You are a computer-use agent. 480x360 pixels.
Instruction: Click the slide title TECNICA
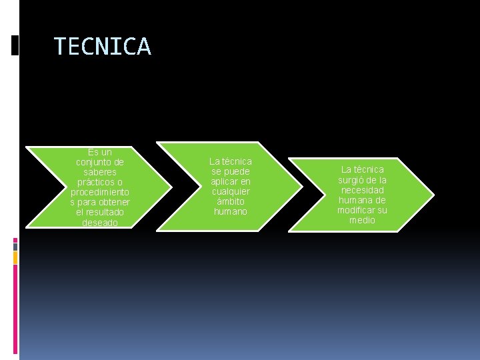103,47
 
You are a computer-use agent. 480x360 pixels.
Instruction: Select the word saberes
100,172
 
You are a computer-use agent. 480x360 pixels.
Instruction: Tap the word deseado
100,223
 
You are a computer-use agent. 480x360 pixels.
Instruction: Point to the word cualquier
231,191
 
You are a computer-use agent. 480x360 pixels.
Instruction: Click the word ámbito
231,201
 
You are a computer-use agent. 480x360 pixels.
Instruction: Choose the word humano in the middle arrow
231,211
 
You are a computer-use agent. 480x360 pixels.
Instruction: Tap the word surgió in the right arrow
353,180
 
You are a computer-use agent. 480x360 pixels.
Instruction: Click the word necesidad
362,190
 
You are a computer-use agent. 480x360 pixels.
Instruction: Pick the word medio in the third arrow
362,220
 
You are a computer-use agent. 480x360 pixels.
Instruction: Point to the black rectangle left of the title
15,45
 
